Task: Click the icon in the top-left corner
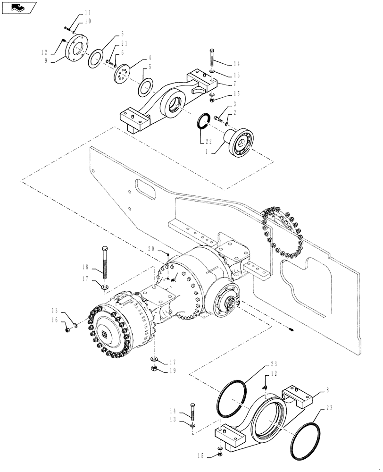point(19,7)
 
